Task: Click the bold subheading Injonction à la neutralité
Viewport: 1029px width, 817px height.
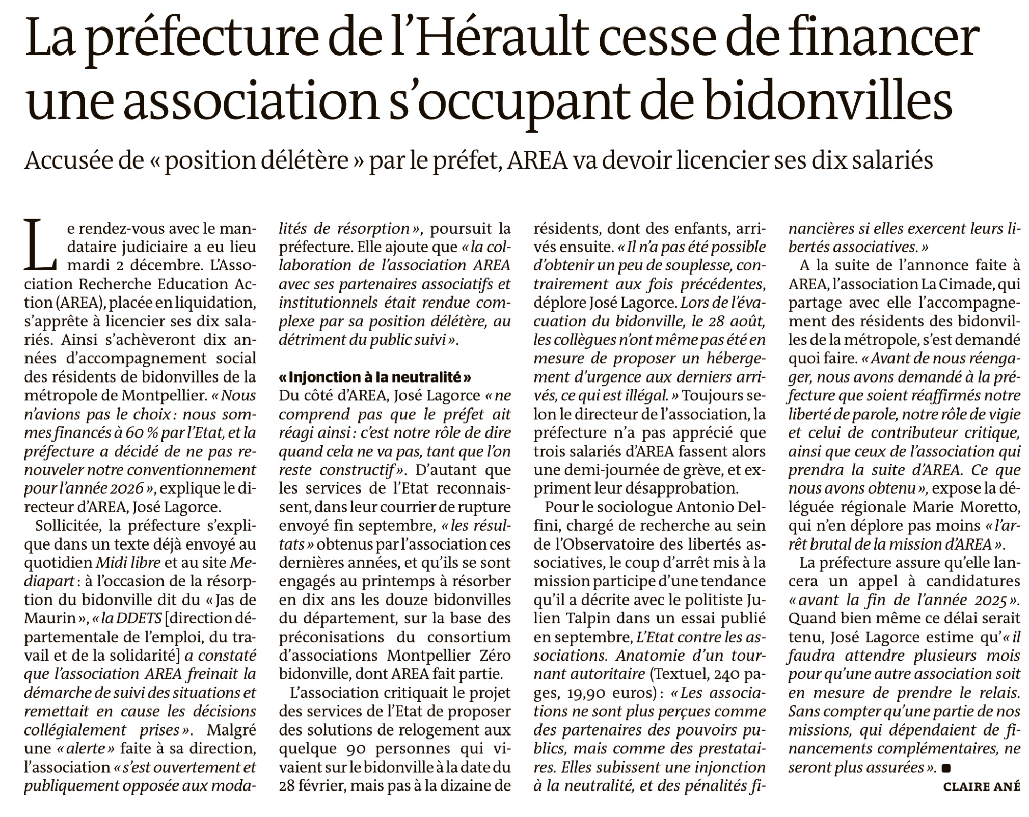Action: coord(375,377)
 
